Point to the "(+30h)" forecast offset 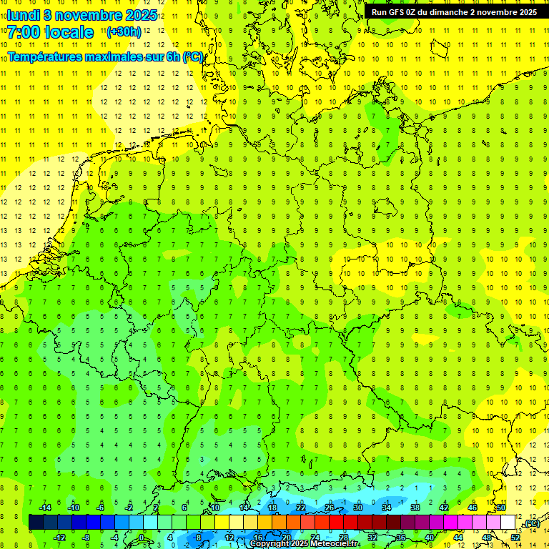pyautogui.click(x=124, y=31)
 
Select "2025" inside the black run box pyautogui.click(x=525, y=12)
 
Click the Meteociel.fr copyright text pyautogui.click(x=304, y=544)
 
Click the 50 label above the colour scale pyautogui.click(x=501, y=508)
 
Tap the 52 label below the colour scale pyautogui.click(x=515, y=537)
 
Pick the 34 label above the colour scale pyautogui.click(x=387, y=508)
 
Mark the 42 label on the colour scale pyautogui.click(x=444, y=508)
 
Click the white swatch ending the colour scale pyautogui.click(x=508, y=522)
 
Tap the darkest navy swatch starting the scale pyautogui.click(x=36, y=522)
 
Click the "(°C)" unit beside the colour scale pyautogui.click(x=531, y=524)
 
